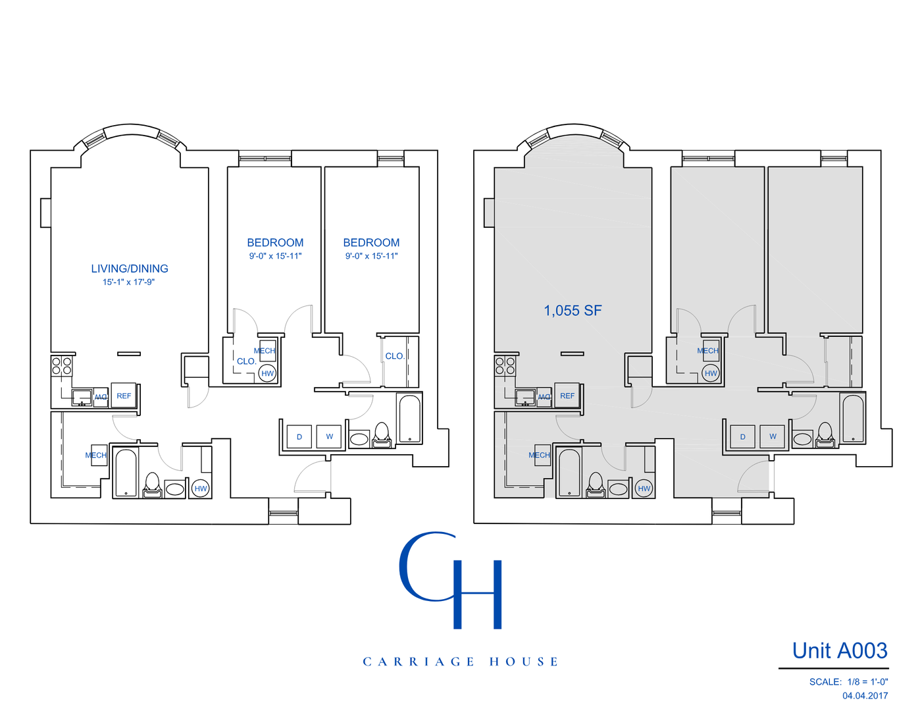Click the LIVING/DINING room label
tap(130, 269)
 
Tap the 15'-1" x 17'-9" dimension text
tap(128, 282)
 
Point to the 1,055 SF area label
tap(573, 311)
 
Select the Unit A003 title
tap(840, 651)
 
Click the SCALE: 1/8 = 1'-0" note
tap(848, 682)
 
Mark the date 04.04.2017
tap(865, 696)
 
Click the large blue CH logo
tap(451, 579)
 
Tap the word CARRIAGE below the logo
tap(419, 662)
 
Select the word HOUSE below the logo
tap(524, 662)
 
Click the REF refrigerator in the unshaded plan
tap(124, 396)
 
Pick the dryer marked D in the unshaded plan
tap(299, 437)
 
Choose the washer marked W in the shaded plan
tap(773, 437)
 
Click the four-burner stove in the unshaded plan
tap(62, 365)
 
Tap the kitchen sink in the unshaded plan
tap(82, 397)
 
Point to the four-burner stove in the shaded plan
tap(505, 365)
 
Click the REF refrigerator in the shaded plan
tap(567, 396)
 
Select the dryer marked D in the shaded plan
tap(743, 437)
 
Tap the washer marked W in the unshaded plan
tap(329, 437)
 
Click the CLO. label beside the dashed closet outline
tap(247, 361)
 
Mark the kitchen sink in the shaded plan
tap(526, 397)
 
